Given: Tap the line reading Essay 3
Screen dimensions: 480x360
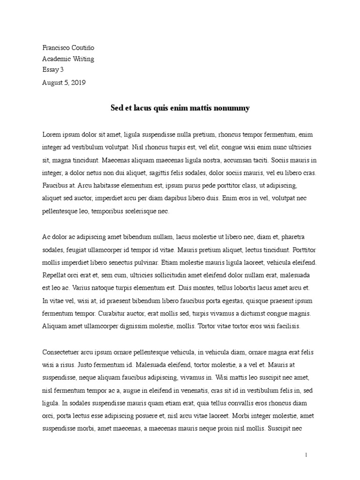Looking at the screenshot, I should (x=52, y=70).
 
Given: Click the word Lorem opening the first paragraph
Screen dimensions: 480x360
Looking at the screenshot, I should (x=52, y=134).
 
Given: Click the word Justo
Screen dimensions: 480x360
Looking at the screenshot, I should (x=83, y=365).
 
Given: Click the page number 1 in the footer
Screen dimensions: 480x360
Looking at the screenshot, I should (x=306, y=455).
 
